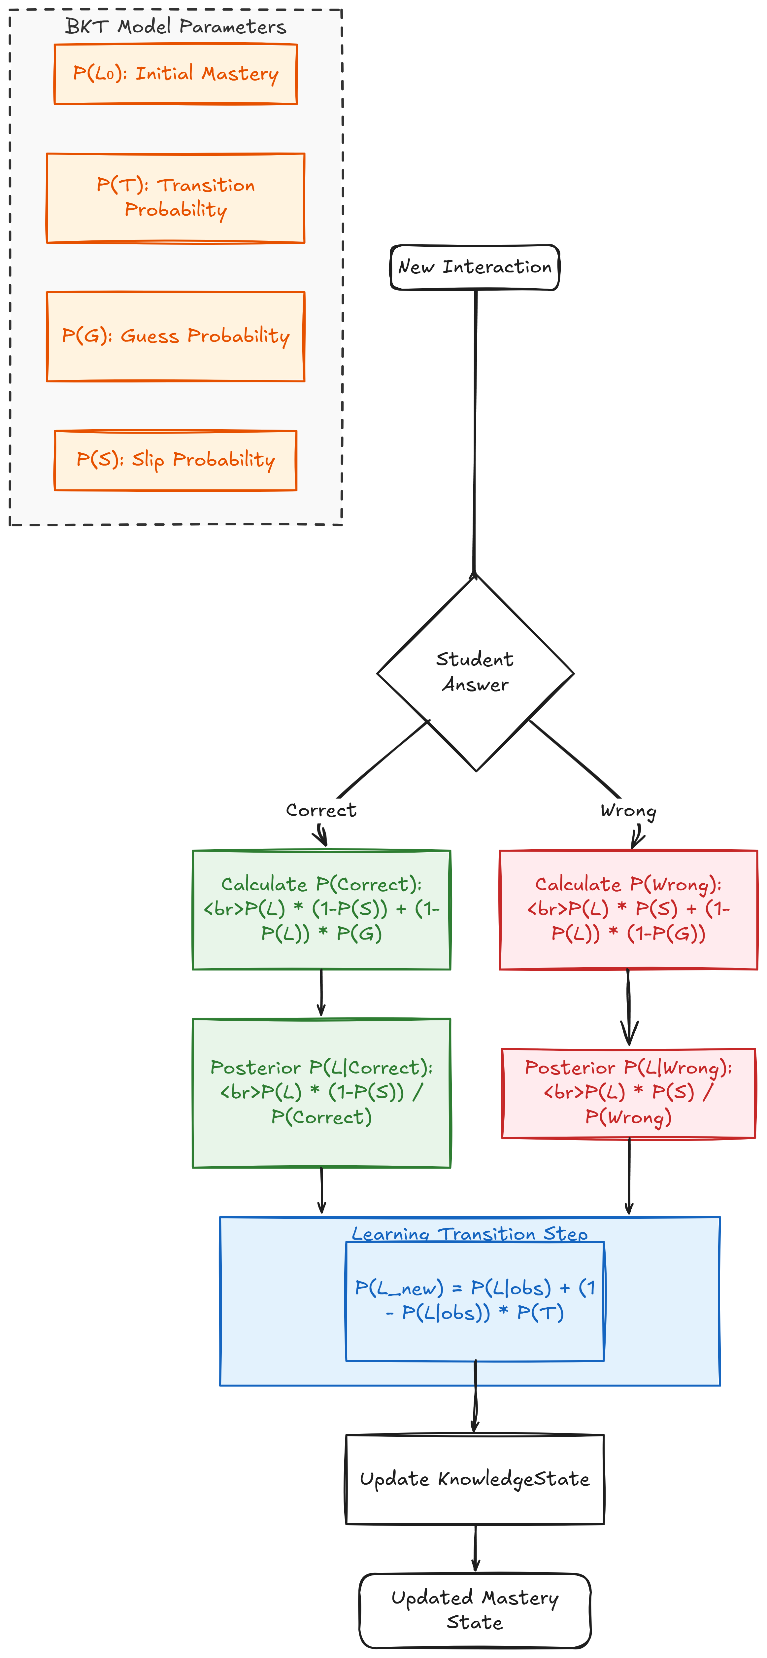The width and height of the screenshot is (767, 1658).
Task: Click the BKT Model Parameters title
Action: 176,26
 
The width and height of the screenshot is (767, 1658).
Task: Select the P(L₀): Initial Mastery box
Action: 176,74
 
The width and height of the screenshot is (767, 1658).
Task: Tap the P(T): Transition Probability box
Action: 176,198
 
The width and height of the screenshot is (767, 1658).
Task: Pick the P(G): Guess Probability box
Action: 176,336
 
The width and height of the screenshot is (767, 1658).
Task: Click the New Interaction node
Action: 475,267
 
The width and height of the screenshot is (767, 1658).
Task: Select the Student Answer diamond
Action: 476,673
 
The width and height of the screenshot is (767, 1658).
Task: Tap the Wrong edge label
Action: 629,810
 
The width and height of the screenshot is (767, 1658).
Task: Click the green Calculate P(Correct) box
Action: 322,909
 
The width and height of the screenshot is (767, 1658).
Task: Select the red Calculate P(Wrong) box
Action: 629,909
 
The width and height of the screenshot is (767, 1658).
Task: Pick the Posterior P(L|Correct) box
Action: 322,1093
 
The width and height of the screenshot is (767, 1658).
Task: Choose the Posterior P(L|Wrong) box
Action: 629,1093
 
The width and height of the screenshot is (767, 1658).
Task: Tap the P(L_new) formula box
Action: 475,1301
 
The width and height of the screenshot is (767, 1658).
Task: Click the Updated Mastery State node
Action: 475,1610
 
